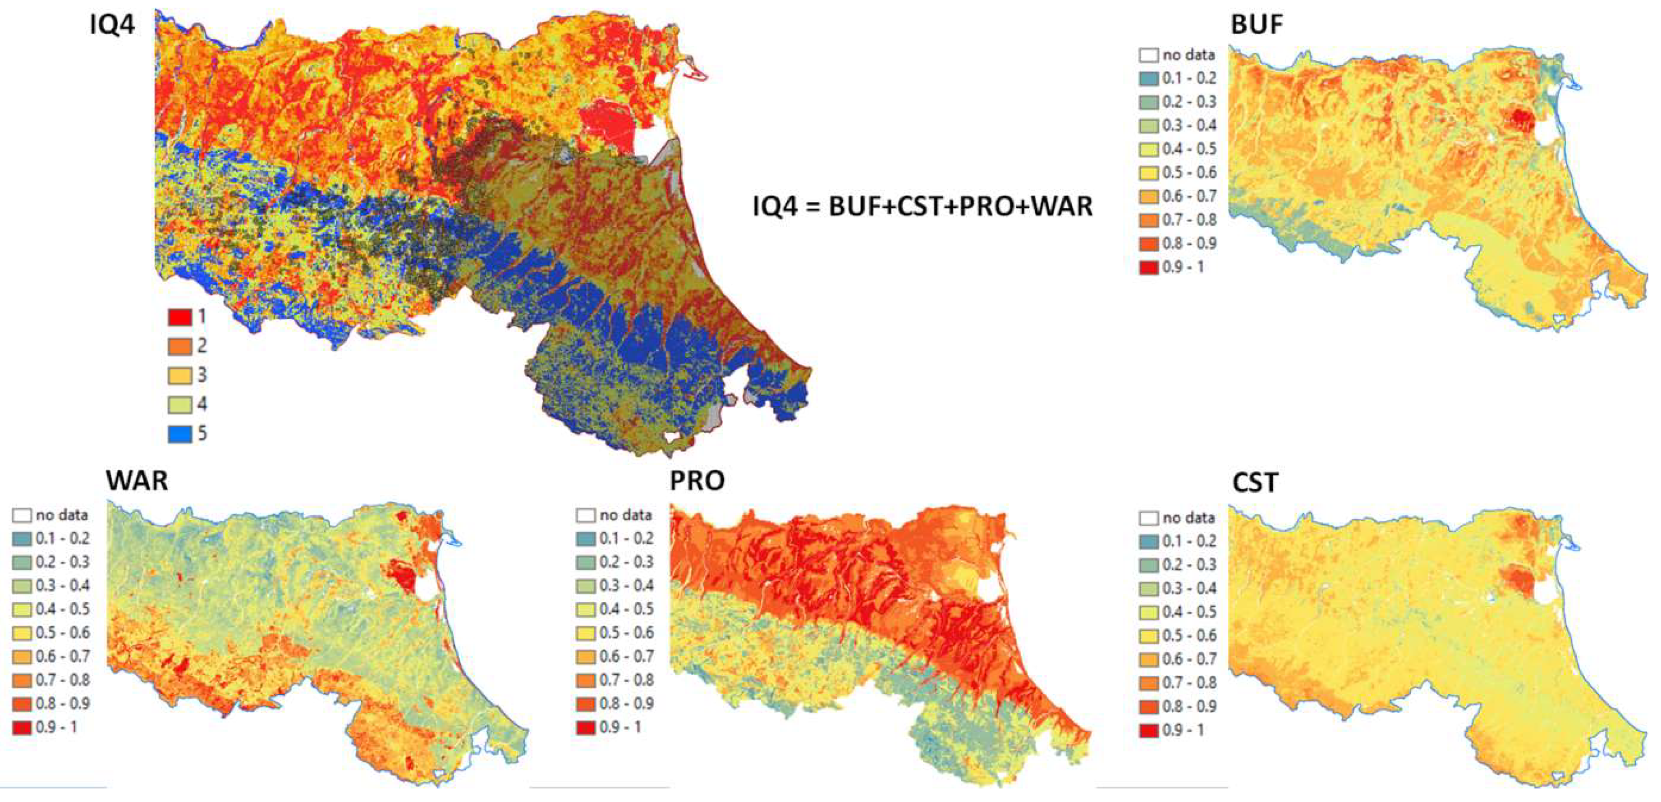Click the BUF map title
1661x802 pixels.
click(1257, 24)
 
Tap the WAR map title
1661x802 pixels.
click(137, 481)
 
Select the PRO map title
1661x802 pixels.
click(697, 481)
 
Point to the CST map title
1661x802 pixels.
click(1255, 483)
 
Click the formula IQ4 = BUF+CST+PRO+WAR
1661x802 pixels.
click(922, 206)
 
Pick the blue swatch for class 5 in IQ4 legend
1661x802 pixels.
click(180, 434)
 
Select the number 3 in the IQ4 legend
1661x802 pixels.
click(202, 375)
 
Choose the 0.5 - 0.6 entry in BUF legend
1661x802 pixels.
click(1189, 173)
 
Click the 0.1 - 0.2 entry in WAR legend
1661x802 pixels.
click(62, 538)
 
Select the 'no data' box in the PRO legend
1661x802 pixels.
click(586, 515)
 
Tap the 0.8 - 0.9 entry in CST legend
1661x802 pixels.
click(1189, 706)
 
